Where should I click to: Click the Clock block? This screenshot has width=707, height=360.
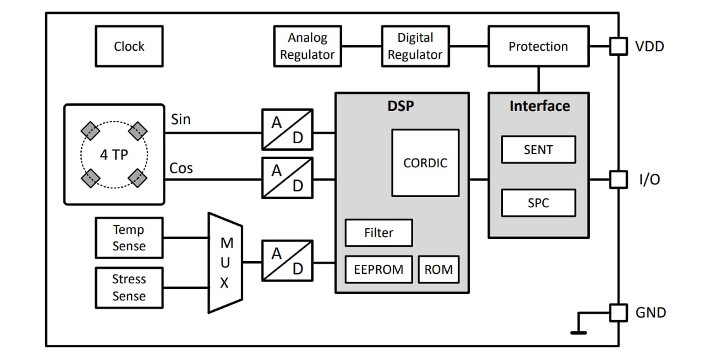[129, 46]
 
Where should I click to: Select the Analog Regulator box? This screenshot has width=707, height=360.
[307, 46]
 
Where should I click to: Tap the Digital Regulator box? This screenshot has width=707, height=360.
[415, 46]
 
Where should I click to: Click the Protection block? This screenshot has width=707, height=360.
[538, 46]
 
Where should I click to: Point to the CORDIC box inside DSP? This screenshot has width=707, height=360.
[425, 163]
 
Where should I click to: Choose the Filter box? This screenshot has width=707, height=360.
[378, 233]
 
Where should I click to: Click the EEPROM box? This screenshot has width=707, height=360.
[379, 269]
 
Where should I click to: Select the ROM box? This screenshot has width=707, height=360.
[438, 269]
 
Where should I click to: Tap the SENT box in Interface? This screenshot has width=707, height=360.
[538, 150]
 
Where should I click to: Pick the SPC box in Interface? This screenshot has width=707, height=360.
[538, 203]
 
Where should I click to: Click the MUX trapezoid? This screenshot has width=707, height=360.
[225, 262]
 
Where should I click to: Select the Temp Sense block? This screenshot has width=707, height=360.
[129, 238]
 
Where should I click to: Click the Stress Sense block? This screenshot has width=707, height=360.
[129, 287]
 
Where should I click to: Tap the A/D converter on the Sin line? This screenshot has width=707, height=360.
[287, 129]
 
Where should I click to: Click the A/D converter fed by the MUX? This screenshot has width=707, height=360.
[287, 260]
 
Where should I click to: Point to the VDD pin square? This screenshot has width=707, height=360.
[618, 46]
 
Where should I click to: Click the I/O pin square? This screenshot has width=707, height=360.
[618, 179]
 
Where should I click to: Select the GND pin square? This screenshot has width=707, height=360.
[618, 312]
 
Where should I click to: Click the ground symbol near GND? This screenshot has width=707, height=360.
[578, 331]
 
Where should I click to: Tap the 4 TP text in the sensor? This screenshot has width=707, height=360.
[114, 155]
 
